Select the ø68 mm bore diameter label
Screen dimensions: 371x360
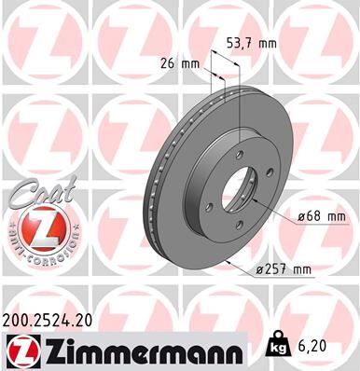click(x=321, y=216)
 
